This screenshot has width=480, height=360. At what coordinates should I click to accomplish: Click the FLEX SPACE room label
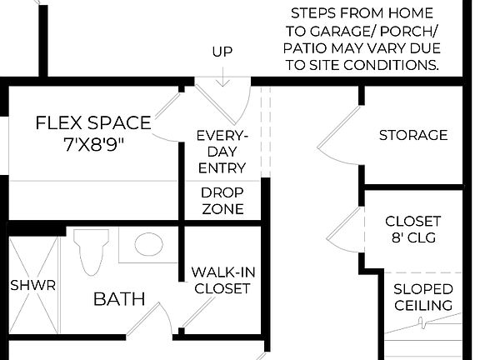pos(93,123)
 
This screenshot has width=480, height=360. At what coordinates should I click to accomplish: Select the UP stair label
pos(222,52)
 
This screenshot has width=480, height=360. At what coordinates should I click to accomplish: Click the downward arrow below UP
pos(222,77)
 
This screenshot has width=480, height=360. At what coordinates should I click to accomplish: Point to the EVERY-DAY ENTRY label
pos(222,151)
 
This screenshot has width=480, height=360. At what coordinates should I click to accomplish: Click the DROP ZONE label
pos(222,200)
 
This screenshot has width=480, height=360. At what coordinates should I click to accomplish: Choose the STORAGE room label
pos(413,135)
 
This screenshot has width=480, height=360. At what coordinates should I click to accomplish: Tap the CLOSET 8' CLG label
pos(412,229)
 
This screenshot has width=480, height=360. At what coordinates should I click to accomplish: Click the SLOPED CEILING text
pos(423,297)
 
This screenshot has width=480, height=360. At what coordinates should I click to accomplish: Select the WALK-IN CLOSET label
pos(221,280)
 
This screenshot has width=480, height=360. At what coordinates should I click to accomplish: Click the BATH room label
pos(119,298)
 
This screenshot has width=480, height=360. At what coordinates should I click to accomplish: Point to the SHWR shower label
pos(33,285)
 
